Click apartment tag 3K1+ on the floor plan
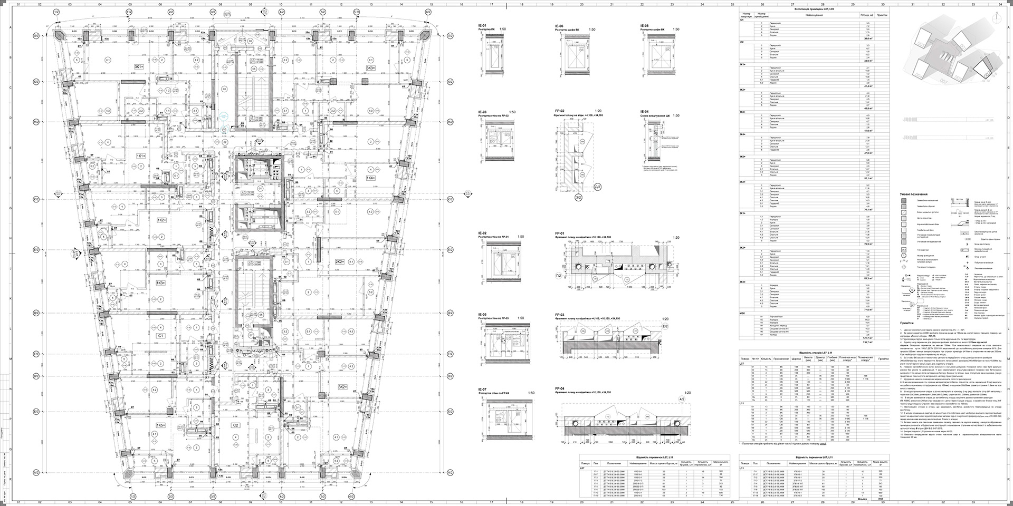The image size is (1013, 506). point(139,67)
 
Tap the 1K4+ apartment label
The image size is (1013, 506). point(371,178)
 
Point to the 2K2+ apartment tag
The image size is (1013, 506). point(339,261)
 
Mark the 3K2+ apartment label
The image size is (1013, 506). point(343,387)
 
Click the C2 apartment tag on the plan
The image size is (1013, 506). point(236,425)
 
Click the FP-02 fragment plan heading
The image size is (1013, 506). point(560,112)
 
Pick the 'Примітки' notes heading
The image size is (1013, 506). point(908,323)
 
